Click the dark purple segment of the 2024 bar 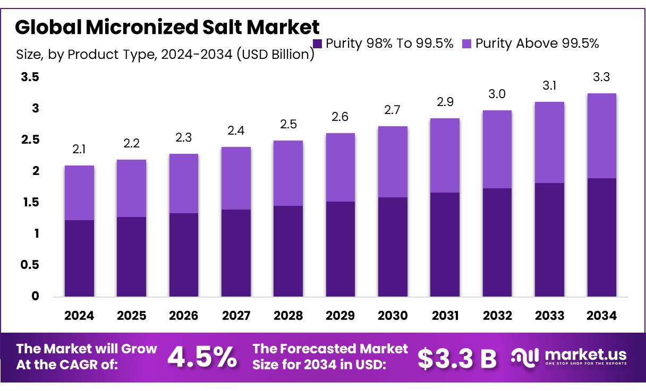pos(79,258)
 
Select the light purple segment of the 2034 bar pos(602,136)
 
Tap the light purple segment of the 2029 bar pos(341,167)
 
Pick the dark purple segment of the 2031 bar pos(445,244)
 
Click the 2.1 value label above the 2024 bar pos(79,150)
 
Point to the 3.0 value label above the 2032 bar pos(497,94)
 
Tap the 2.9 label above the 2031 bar pos(445,102)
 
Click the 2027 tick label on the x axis pos(236,316)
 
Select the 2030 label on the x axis pos(393,316)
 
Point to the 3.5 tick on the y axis pos(30,77)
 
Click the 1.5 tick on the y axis pos(30,202)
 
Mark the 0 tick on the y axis pos(35,296)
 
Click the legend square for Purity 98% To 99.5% pos(318,44)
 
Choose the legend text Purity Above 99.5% pos(537,44)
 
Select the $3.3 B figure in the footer pos(456,359)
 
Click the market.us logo pos(569,357)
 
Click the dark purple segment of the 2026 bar pos(184,255)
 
